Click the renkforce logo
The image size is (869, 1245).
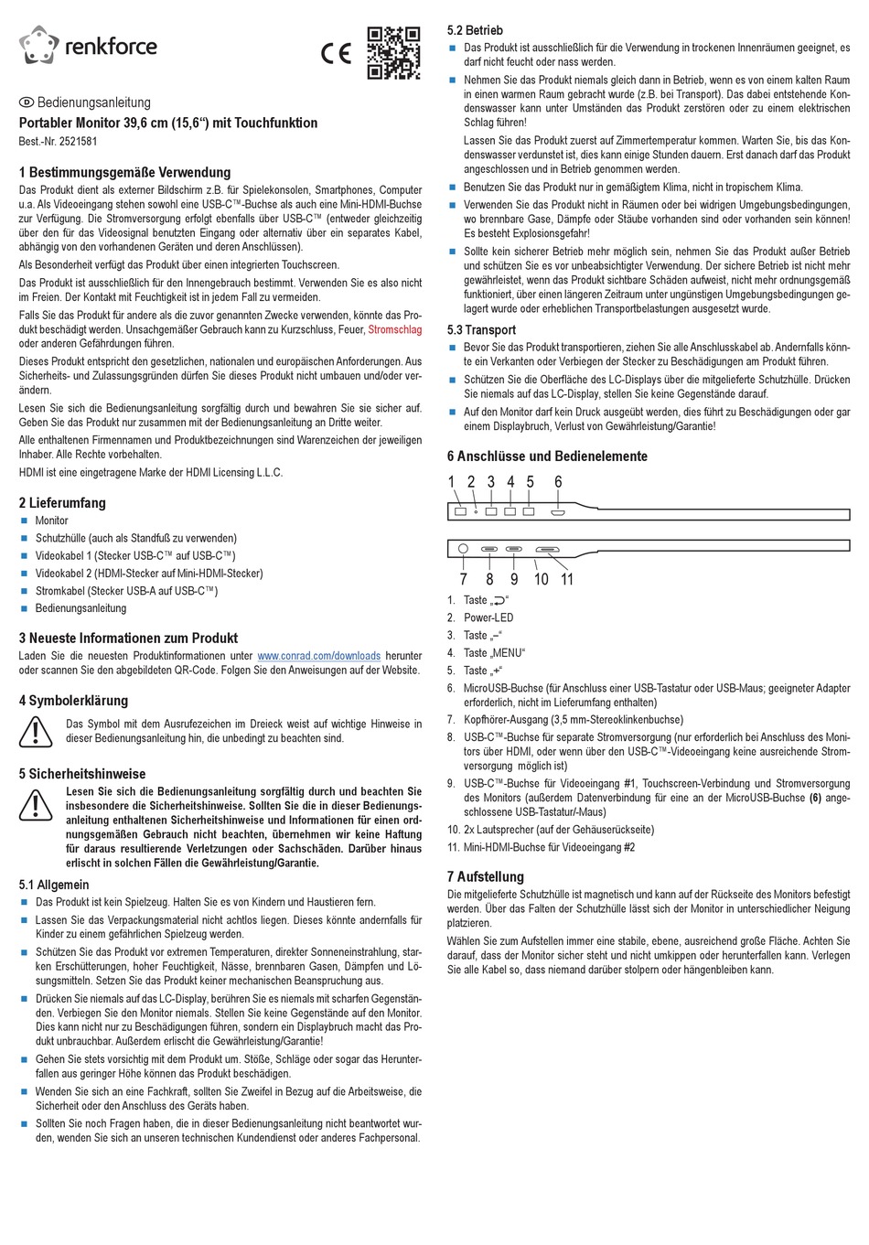click(x=88, y=47)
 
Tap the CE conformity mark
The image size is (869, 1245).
click(x=336, y=54)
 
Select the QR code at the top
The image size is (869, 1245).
click(x=393, y=53)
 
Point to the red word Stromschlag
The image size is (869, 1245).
click(x=394, y=328)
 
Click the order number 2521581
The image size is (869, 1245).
click(x=77, y=142)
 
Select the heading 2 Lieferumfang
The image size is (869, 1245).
click(x=62, y=502)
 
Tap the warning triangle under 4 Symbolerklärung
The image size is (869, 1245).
click(x=36, y=730)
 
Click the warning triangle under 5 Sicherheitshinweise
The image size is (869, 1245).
click(x=36, y=803)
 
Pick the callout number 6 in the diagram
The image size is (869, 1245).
click(x=558, y=482)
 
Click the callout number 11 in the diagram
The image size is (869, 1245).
click(x=567, y=579)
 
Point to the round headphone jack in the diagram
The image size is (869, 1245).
click(x=463, y=550)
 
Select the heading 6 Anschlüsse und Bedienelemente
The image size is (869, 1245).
click(x=547, y=456)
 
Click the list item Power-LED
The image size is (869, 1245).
click(x=488, y=617)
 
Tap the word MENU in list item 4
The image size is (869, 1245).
click(x=507, y=652)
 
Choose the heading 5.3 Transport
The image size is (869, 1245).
click(x=481, y=329)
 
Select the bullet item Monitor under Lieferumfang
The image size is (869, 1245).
click(x=51, y=521)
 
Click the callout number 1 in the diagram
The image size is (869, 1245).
click(x=451, y=482)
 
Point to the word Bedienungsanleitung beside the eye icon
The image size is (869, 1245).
click(x=93, y=102)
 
